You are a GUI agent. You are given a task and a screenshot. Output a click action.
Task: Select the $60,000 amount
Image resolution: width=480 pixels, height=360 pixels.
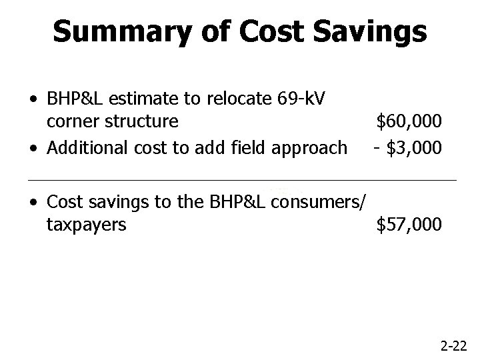pyautogui.click(x=409, y=122)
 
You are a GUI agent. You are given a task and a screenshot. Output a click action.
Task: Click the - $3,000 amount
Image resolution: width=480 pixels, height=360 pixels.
pyautogui.click(x=407, y=147)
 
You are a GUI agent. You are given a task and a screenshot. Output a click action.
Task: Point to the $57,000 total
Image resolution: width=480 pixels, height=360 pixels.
pyautogui.click(x=409, y=225)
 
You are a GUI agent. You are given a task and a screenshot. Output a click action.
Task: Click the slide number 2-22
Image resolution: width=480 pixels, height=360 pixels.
pyautogui.click(x=454, y=346)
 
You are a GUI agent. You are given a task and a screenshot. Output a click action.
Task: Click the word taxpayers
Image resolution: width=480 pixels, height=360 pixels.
pyautogui.click(x=87, y=225)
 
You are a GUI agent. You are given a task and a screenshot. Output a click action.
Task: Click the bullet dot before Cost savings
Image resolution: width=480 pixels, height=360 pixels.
pyautogui.click(x=33, y=202)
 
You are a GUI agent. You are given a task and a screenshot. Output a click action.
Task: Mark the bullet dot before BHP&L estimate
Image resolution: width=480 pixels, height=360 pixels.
pyautogui.click(x=33, y=100)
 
